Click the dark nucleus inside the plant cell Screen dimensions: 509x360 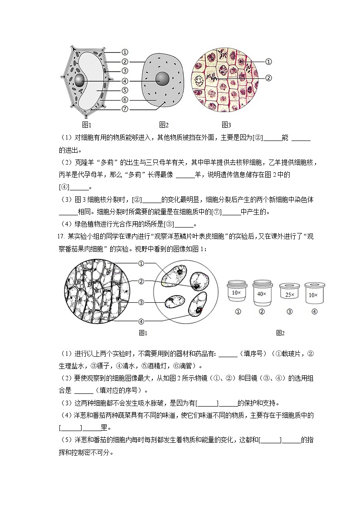coord(80,81)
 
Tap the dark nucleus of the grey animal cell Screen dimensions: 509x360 coord(162,78)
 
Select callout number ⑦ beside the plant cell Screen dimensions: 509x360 coord(125,109)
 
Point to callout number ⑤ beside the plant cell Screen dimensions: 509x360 coord(125,90)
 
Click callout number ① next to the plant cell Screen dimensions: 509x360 coord(125,53)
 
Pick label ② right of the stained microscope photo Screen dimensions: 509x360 coord(268,78)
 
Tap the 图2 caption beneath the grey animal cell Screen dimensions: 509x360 coord(164,125)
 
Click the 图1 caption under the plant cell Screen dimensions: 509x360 coord(87,125)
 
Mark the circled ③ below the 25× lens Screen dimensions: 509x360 coord(290,312)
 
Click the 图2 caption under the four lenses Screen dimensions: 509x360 coord(280,333)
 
